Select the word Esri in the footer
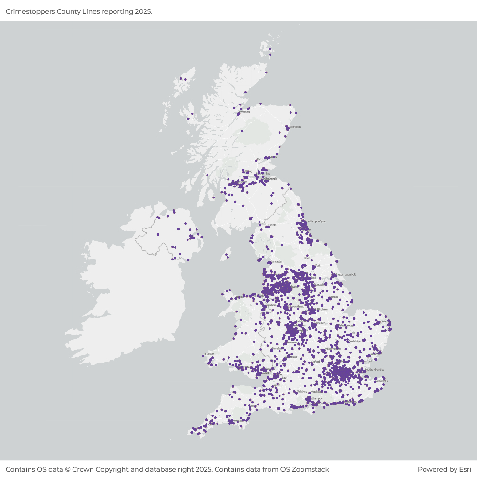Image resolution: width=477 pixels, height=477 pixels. pyautogui.click(x=464, y=469)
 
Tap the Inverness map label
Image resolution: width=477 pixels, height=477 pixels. pyautogui.click(x=245, y=112)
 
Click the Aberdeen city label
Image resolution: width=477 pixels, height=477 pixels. pyautogui.click(x=295, y=127)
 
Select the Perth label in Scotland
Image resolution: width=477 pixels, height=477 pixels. pyautogui.click(x=259, y=160)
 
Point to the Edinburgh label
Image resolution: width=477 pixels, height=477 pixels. pyautogui.click(x=270, y=179)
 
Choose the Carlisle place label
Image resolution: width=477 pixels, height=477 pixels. pyautogui.click(x=272, y=225)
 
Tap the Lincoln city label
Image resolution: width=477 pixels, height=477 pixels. pyautogui.click(x=334, y=297)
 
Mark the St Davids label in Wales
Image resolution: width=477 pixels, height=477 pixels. pyautogui.click(x=209, y=354)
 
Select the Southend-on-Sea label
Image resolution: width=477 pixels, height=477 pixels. pyautogui.click(x=374, y=370)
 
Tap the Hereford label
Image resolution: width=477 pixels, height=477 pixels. pyautogui.click(x=276, y=349)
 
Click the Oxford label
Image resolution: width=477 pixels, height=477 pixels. pyautogui.click(x=315, y=362)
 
